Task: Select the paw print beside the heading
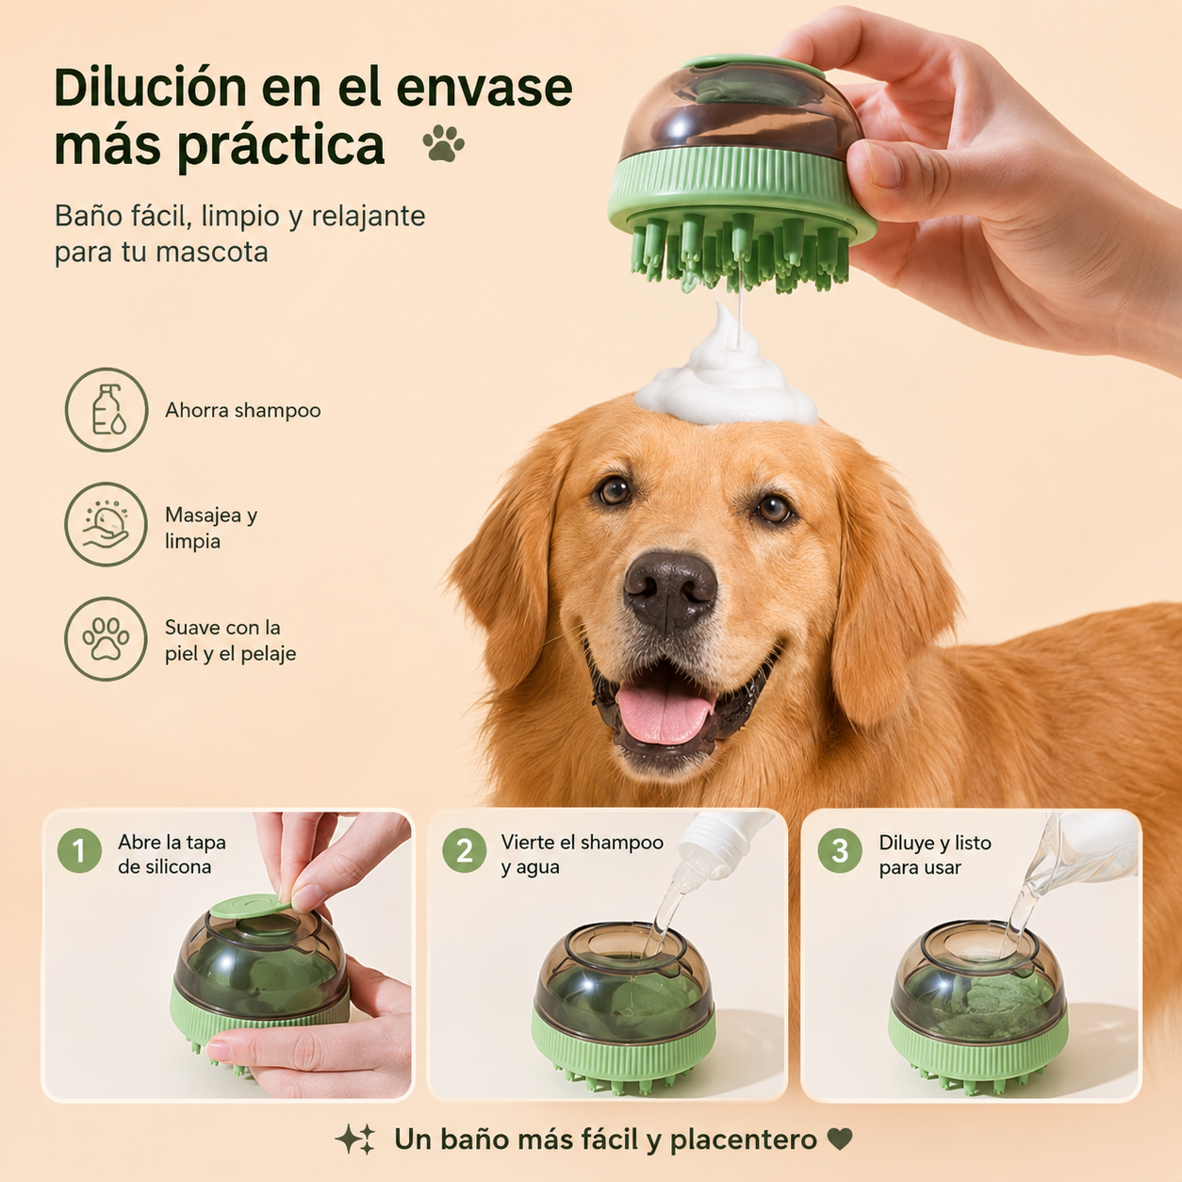tap(443, 143)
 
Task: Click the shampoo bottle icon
tap(107, 410)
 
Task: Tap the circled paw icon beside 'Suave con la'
tap(107, 639)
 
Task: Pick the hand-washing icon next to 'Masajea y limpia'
tap(107, 524)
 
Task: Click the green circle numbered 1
tap(79, 851)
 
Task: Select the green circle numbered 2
tap(465, 851)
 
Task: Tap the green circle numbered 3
tap(840, 851)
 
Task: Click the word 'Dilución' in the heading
tap(150, 88)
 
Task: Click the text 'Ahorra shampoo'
tap(243, 410)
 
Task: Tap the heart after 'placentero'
tap(840, 1139)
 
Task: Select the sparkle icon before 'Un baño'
tap(355, 1140)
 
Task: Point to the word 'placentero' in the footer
tap(744, 1140)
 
